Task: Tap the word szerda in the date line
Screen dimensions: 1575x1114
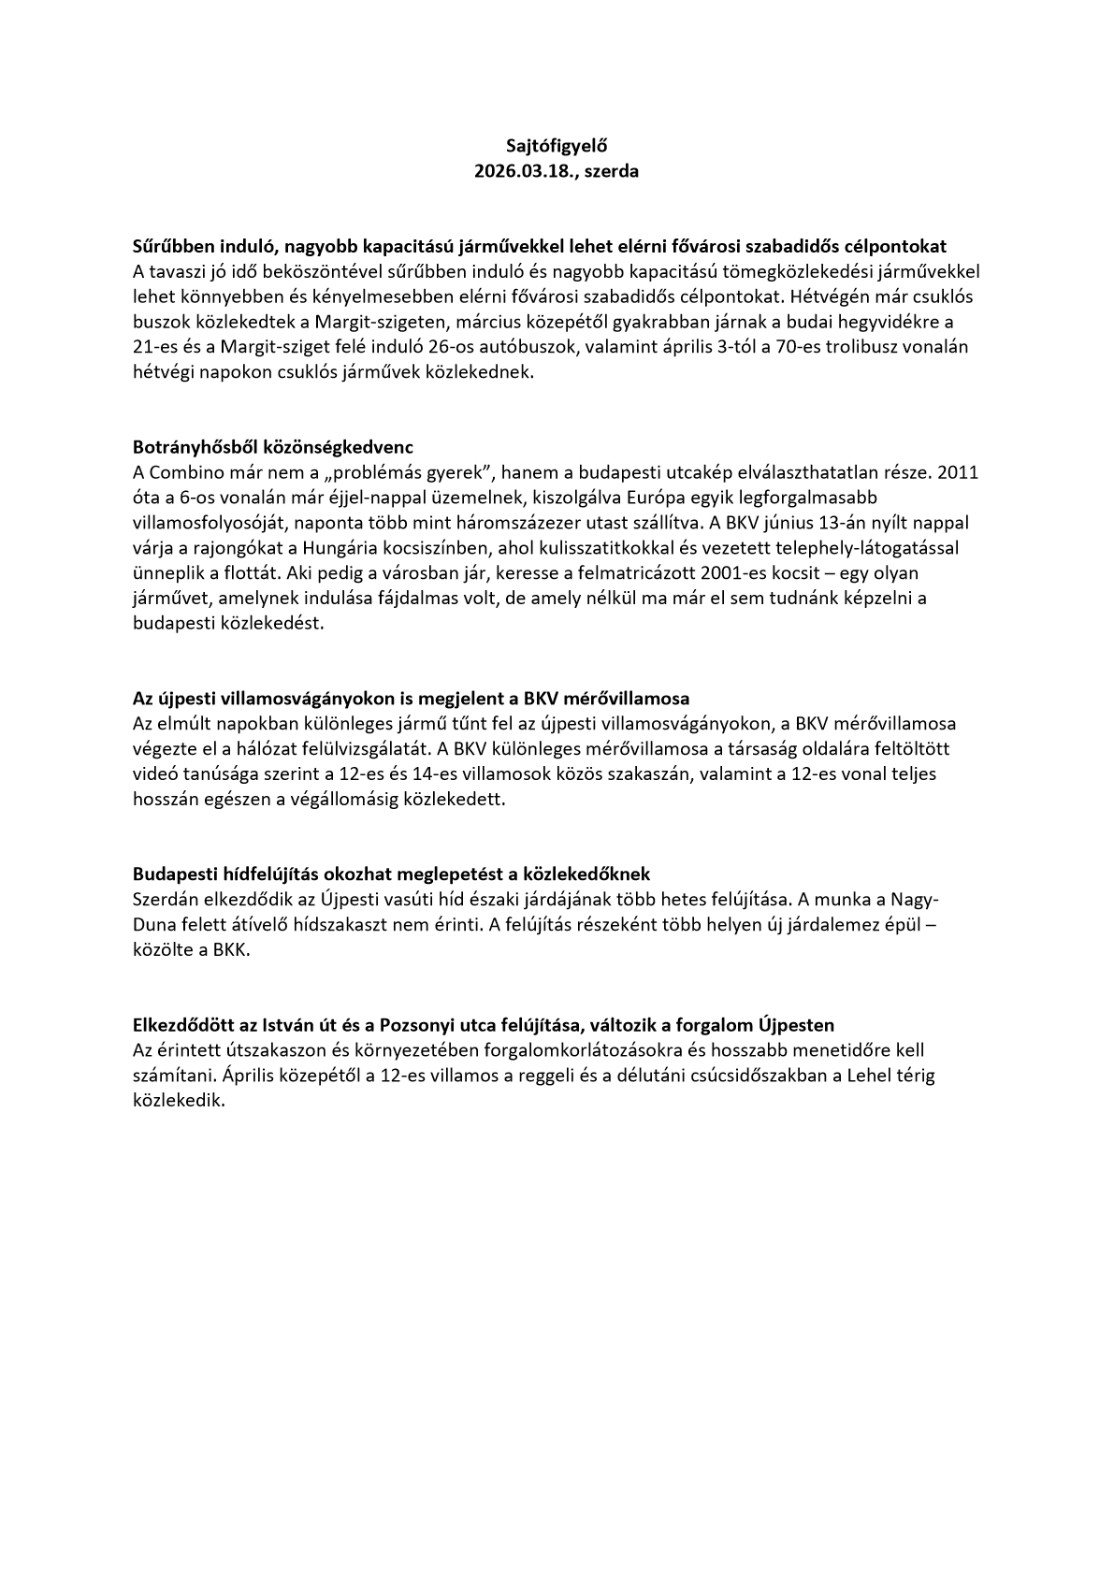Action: coord(612,171)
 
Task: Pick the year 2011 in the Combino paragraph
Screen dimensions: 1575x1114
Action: coord(958,471)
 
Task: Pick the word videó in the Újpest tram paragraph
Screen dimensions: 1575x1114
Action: coord(156,774)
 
